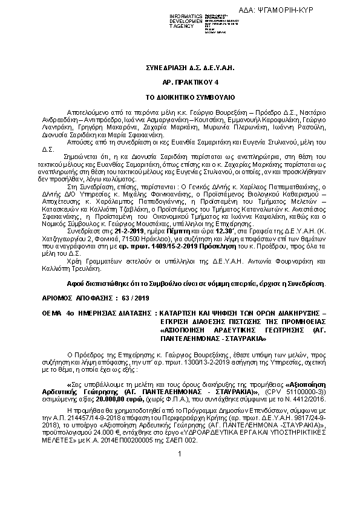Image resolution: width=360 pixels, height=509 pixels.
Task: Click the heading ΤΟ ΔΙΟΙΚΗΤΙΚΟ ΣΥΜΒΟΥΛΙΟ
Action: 179,97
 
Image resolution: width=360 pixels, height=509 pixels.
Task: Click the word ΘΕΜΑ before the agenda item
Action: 57,313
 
